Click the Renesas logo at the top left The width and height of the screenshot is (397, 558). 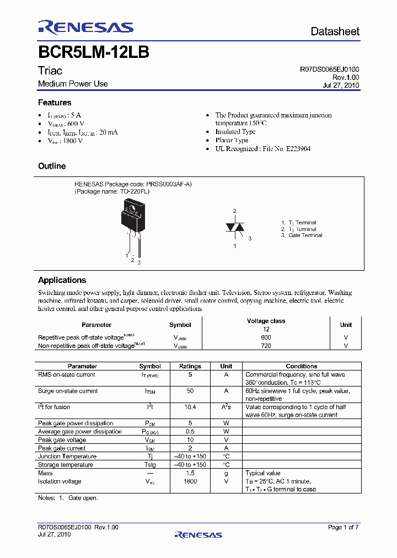tap(85, 27)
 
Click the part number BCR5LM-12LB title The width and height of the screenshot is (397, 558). tap(93, 52)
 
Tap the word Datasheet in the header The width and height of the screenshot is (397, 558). tap(335, 31)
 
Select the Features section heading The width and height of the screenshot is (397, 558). tap(55, 103)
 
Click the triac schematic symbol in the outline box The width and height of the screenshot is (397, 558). tap(234, 228)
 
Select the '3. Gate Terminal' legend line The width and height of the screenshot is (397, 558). tap(301, 235)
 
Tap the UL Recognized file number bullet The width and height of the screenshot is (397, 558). tap(262, 149)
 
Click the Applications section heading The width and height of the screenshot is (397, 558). tap(62, 280)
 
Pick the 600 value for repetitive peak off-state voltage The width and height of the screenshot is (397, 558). tap(266, 337)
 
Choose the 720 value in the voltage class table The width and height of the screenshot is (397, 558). tap(266, 346)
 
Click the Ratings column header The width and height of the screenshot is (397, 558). tap(190, 366)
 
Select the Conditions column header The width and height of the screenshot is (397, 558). tap(302, 366)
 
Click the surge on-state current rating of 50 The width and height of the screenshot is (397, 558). tap(190, 391)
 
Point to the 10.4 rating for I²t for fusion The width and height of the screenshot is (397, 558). tap(190, 407)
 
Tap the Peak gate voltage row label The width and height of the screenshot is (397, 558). tap(62, 440)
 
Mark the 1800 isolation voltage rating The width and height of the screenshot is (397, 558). tap(190, 481)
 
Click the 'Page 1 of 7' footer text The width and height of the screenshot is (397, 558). tap(343, 528)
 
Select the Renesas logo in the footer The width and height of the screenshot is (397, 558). tap(198, 534)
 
